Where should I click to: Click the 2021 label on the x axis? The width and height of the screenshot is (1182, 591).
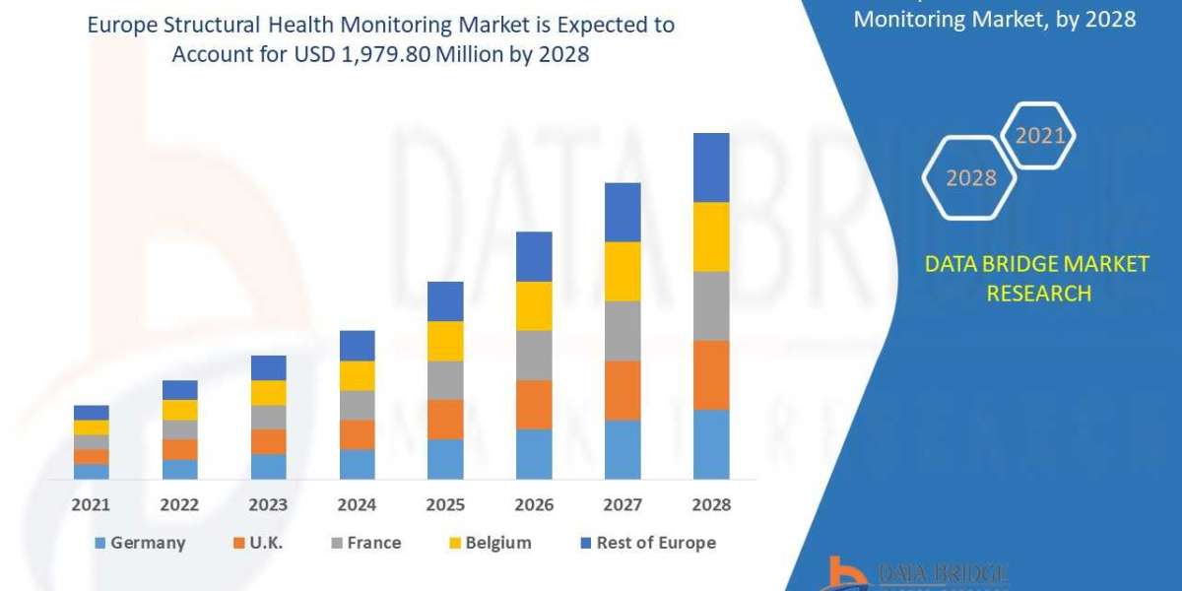pyautogui.click(x=92, y=504)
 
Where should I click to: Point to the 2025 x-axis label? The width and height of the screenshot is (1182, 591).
pyautogui.click(x=445, y=504)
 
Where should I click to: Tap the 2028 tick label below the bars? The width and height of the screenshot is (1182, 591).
pyautogui.click(x=711, y=504)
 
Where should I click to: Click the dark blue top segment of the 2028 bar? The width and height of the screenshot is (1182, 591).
pyautogui.click(x=711, y=167)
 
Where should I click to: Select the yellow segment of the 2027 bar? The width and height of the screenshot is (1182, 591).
pyautogui.click(x=623, y=271)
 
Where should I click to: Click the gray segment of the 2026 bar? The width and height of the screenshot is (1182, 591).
pyautogui.click(x=534, y=355)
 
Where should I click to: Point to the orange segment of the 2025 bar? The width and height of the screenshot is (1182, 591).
pyautogui.click(x=445, y=419)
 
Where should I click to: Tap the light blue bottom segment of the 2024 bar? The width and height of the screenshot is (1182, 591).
pyautogui.click(x=358, y=464)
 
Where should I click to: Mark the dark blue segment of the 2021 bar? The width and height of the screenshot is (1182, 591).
pyautogui.click(x=92, y=412)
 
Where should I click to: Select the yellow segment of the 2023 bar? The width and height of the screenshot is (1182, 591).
pyautogui.click(x=269, y=392)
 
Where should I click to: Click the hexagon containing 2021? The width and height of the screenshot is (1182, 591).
pyautogui.click(x=1039, y=136)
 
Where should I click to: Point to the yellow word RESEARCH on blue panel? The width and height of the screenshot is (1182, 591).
pyautogui.click(x=1037, y=294)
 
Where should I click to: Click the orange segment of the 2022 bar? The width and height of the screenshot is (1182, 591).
pyautogui.click(x=180, y=449)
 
